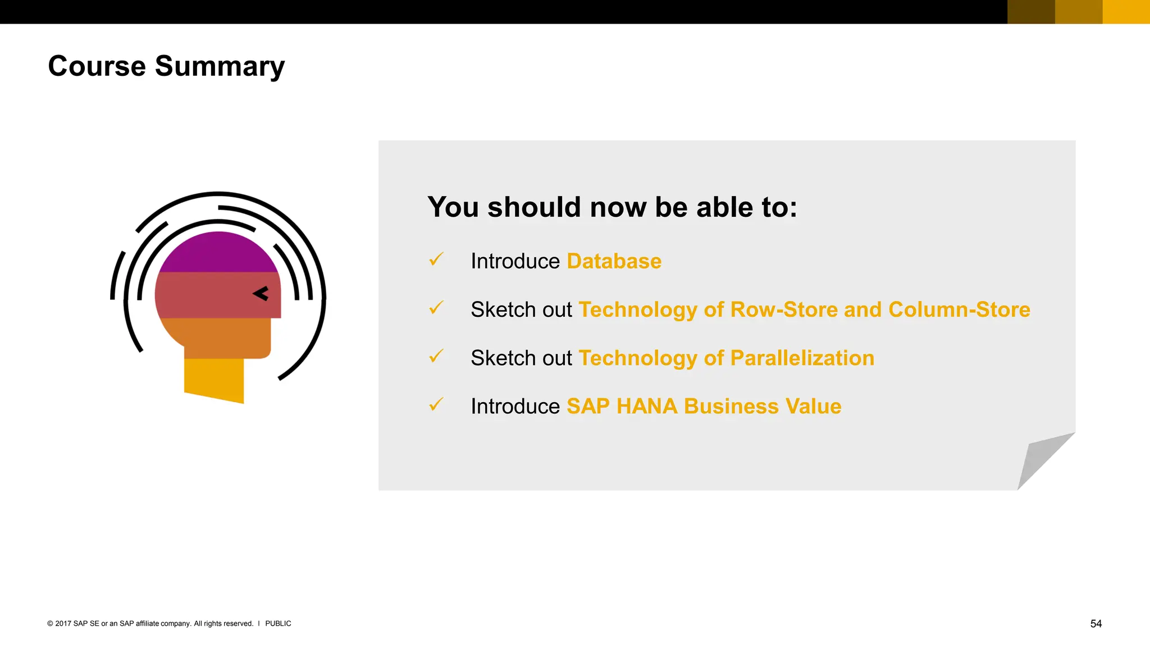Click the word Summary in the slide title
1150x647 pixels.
[220, 67]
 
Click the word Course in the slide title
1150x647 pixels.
[97, 66]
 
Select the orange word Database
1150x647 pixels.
[614, 261]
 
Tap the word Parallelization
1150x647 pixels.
[802, 358]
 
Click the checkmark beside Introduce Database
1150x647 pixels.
[436, 259]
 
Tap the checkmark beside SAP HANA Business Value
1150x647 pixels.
[436, 404]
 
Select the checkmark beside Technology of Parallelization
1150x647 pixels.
[436, 356]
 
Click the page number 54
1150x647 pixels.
[1096, 623]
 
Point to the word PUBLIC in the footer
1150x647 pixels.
[278, 623]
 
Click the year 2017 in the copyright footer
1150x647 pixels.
[63, 623]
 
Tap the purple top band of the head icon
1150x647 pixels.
[218, 253]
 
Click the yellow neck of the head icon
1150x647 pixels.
[214, 379]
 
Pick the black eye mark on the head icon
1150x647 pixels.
[261, 293]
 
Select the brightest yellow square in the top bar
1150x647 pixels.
[1126, 12]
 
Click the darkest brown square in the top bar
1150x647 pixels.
[1031, 12]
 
